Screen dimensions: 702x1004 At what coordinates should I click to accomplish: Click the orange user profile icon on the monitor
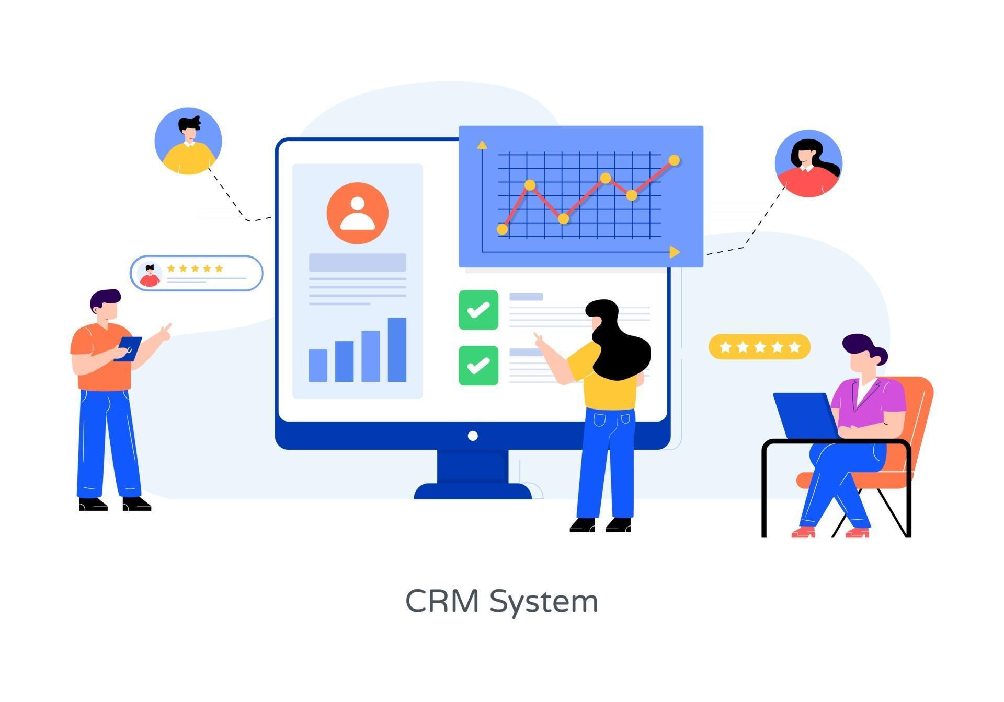tap(358, 213)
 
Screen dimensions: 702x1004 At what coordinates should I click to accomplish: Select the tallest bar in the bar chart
tap(397, 349)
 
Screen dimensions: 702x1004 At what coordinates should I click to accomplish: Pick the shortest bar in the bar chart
tap(318, 365)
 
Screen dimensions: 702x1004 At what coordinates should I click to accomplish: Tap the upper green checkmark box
tap(478, 310)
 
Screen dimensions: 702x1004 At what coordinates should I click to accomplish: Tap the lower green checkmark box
tap(478, 365)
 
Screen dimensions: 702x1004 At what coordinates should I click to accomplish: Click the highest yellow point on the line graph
tap(674, 160)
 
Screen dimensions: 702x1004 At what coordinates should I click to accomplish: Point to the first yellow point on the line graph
tap(502, 229)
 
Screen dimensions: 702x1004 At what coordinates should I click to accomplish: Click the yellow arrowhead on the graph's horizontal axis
tap(675, 252)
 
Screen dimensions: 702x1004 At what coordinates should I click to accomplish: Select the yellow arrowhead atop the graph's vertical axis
tap(482, 145)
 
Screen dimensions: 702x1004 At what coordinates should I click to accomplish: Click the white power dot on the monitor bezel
tap(473, 436)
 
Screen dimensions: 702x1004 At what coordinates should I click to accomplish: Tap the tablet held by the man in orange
tap(129, 348)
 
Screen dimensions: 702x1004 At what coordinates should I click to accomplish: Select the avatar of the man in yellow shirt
tap(188, 141)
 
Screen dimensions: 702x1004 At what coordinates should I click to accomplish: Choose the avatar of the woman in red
tap(808, 163)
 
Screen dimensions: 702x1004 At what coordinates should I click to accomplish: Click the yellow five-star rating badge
tap(759, 346)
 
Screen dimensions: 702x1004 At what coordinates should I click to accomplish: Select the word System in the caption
tap(544, 602)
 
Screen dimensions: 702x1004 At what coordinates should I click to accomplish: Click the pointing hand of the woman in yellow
tap(538, 338)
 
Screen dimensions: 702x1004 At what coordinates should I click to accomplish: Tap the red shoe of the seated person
tap(803, 532)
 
